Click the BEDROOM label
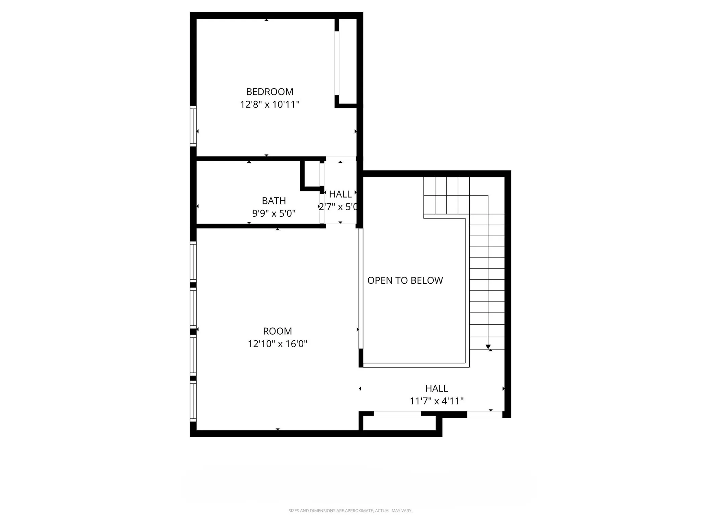pos(270,92)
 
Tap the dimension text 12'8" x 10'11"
pos(270,104)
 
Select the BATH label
pos(274,201)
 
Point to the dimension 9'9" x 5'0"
pos(274,213)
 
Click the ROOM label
pos(278,331)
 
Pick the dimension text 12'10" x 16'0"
pos(278,344)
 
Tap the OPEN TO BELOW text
pos(405,280)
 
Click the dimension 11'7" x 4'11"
pos(437,401)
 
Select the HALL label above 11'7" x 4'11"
pos(437,388)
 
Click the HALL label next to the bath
pos(340,194)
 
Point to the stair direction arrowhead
pos(488,347)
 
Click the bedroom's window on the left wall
pos(193,126)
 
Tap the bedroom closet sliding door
pos(337,63)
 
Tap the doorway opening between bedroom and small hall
pos(341,159)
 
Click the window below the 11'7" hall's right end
pos(485,415)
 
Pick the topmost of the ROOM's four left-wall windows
pos(193,261)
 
